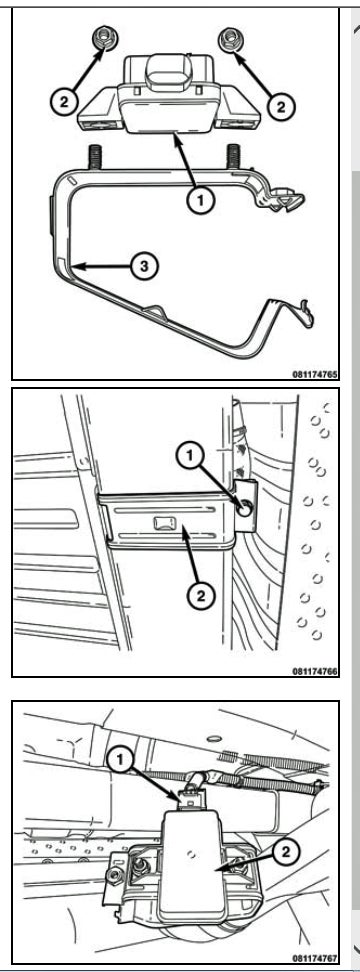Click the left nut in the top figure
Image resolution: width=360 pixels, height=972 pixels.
coord(100,40)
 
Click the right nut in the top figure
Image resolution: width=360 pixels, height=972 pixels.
coord(230,40)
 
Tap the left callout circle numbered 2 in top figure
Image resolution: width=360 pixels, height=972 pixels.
coord(64,102)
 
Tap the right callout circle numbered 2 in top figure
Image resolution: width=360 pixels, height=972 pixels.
coord(281,106)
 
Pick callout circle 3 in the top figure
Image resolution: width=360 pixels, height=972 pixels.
coord(144,267)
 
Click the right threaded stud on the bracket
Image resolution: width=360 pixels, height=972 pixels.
coord(233,156)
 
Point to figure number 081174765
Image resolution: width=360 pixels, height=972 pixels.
coord(315,374)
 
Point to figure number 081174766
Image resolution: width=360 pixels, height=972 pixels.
coord(315,671)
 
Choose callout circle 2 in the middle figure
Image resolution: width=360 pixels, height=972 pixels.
coord(201,596)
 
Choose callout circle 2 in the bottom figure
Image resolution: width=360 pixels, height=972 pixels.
coord(286,852)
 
